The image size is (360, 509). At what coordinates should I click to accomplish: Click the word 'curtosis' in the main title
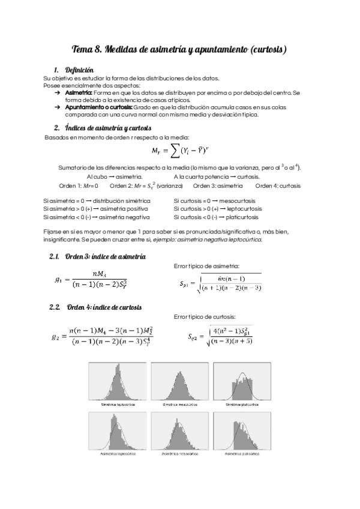[x=265, y=49]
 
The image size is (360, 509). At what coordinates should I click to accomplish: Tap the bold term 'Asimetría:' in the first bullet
[x=78, y=93]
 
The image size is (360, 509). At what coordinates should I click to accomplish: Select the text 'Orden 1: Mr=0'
[x=79, y=185]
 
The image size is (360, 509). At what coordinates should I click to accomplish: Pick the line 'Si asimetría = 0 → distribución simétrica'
[x=97, y=200]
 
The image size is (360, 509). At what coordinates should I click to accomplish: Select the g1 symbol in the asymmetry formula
[x=58, y=279]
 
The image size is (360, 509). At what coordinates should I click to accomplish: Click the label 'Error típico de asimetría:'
[x=206, y=266]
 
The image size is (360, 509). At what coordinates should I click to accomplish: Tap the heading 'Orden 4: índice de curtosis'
[x=103, y=307]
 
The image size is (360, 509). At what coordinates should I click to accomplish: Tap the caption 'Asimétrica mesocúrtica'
[x=178, y=454]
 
